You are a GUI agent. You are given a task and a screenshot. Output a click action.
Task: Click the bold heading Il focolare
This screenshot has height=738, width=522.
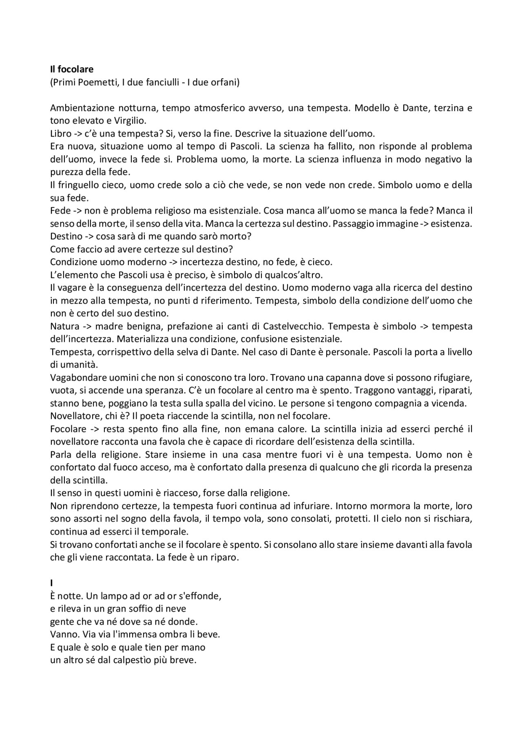tap(72, 70)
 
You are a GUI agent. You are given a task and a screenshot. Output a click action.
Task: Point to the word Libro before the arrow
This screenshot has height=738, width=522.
tap(60, 134)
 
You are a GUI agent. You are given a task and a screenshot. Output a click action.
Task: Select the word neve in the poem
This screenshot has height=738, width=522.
tap(177, 609)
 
